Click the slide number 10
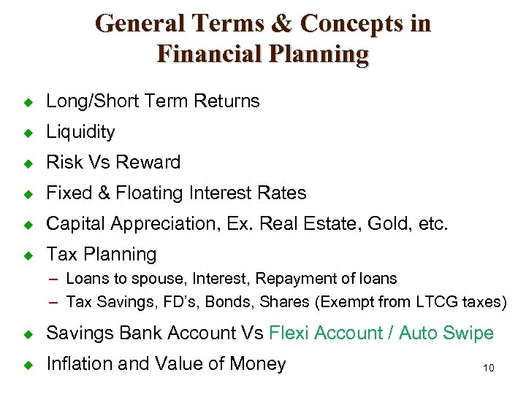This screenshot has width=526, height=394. [489, 368]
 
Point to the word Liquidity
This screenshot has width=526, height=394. [80, 132]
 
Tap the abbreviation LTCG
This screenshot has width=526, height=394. [436, 302]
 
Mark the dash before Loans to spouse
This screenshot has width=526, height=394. [56, 279]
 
